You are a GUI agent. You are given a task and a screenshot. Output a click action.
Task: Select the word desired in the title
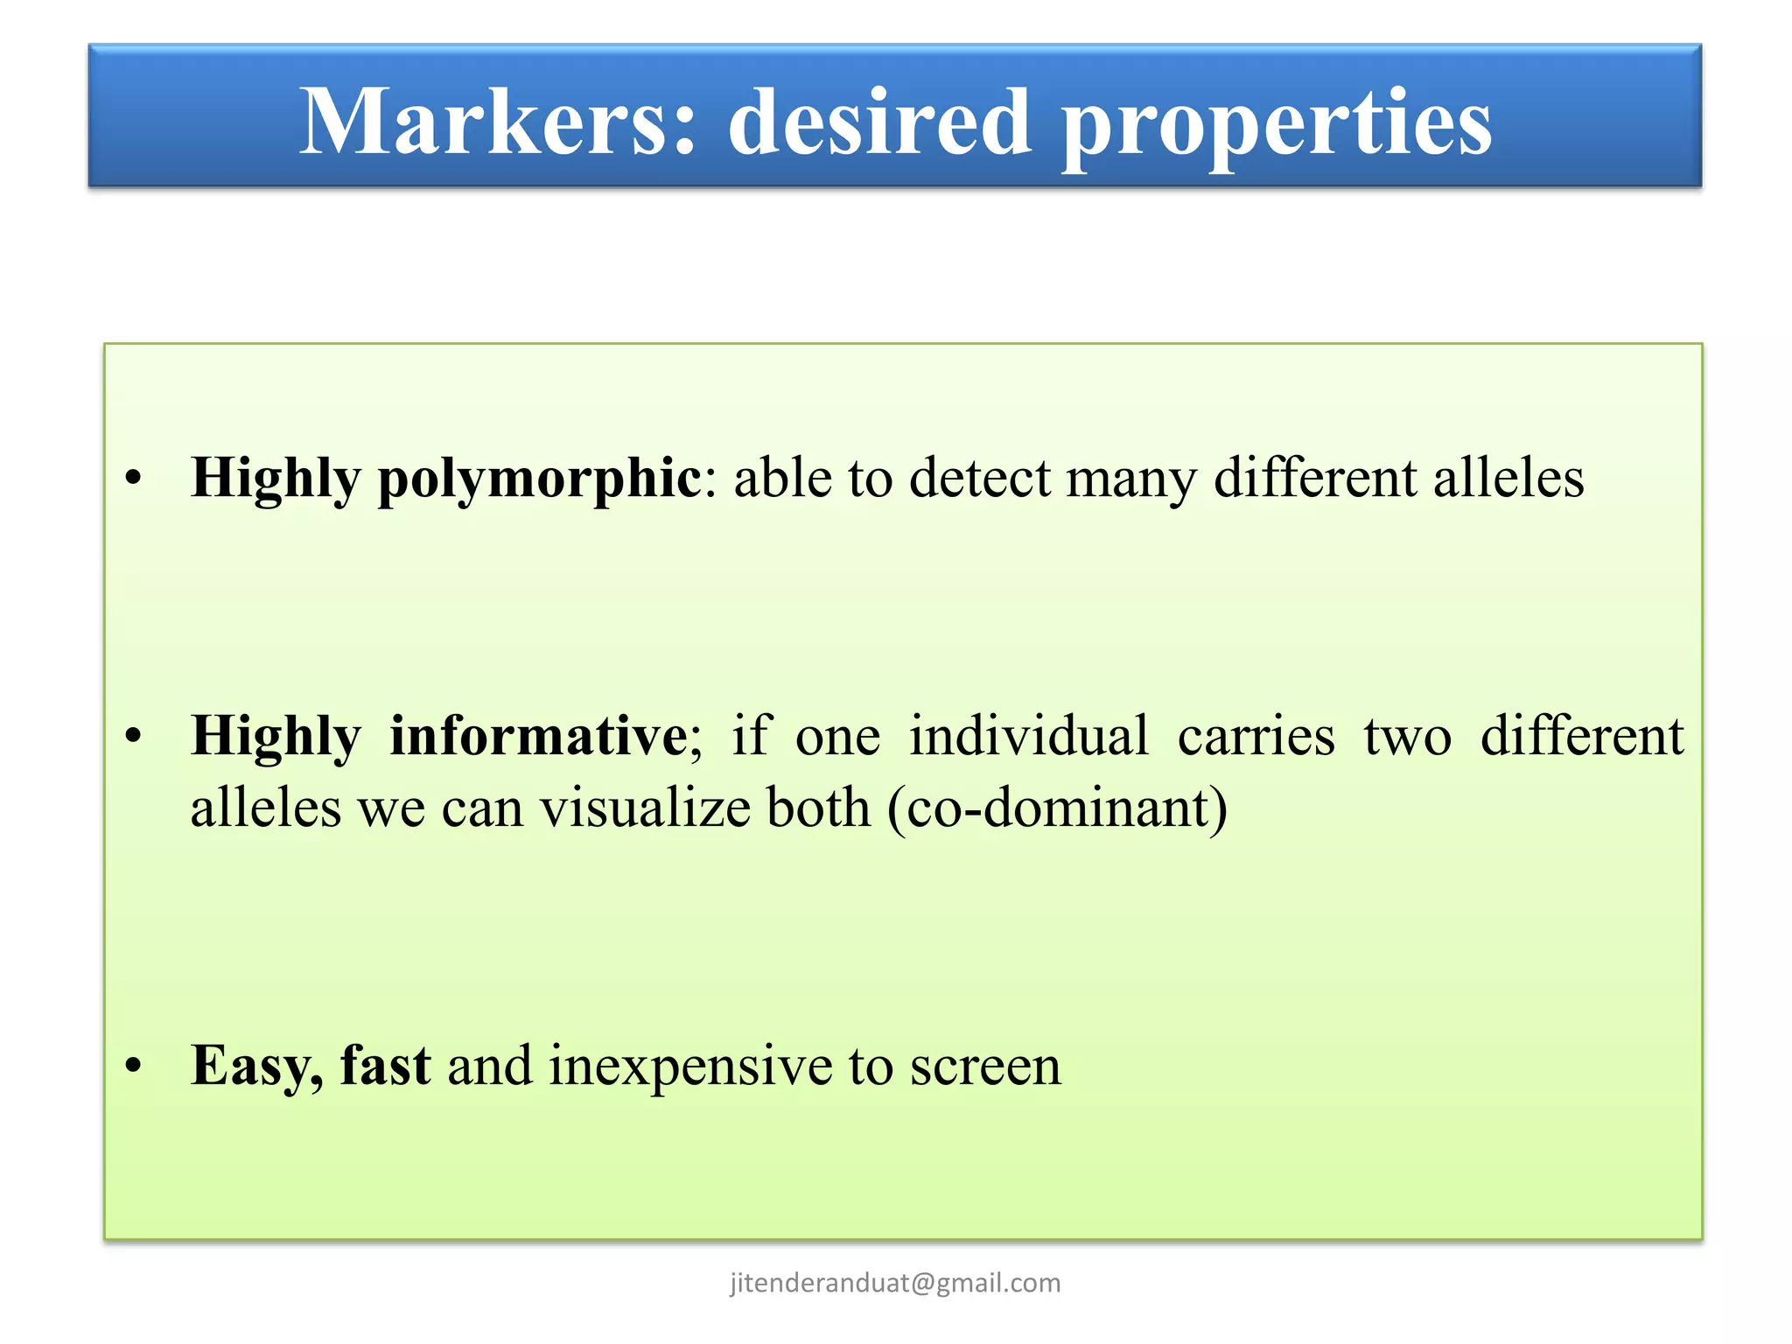click(878, 122)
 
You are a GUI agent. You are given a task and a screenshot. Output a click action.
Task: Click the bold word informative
click(539, 735)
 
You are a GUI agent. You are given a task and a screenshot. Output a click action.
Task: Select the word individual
click(1028, 735)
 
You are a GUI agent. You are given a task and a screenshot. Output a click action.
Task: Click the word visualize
click(645, 807)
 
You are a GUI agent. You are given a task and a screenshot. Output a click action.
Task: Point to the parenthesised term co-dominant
click(1057, 807)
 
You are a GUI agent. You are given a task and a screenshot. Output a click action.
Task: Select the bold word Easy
click(252, 1066)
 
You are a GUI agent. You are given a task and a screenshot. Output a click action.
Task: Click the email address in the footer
click(895, 1283)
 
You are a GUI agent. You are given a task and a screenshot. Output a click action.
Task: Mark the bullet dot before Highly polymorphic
click(133, 479)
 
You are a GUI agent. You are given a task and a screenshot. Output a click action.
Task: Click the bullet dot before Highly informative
click(133, 736)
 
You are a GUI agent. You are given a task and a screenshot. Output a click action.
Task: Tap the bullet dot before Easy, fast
click(133, 1065)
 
